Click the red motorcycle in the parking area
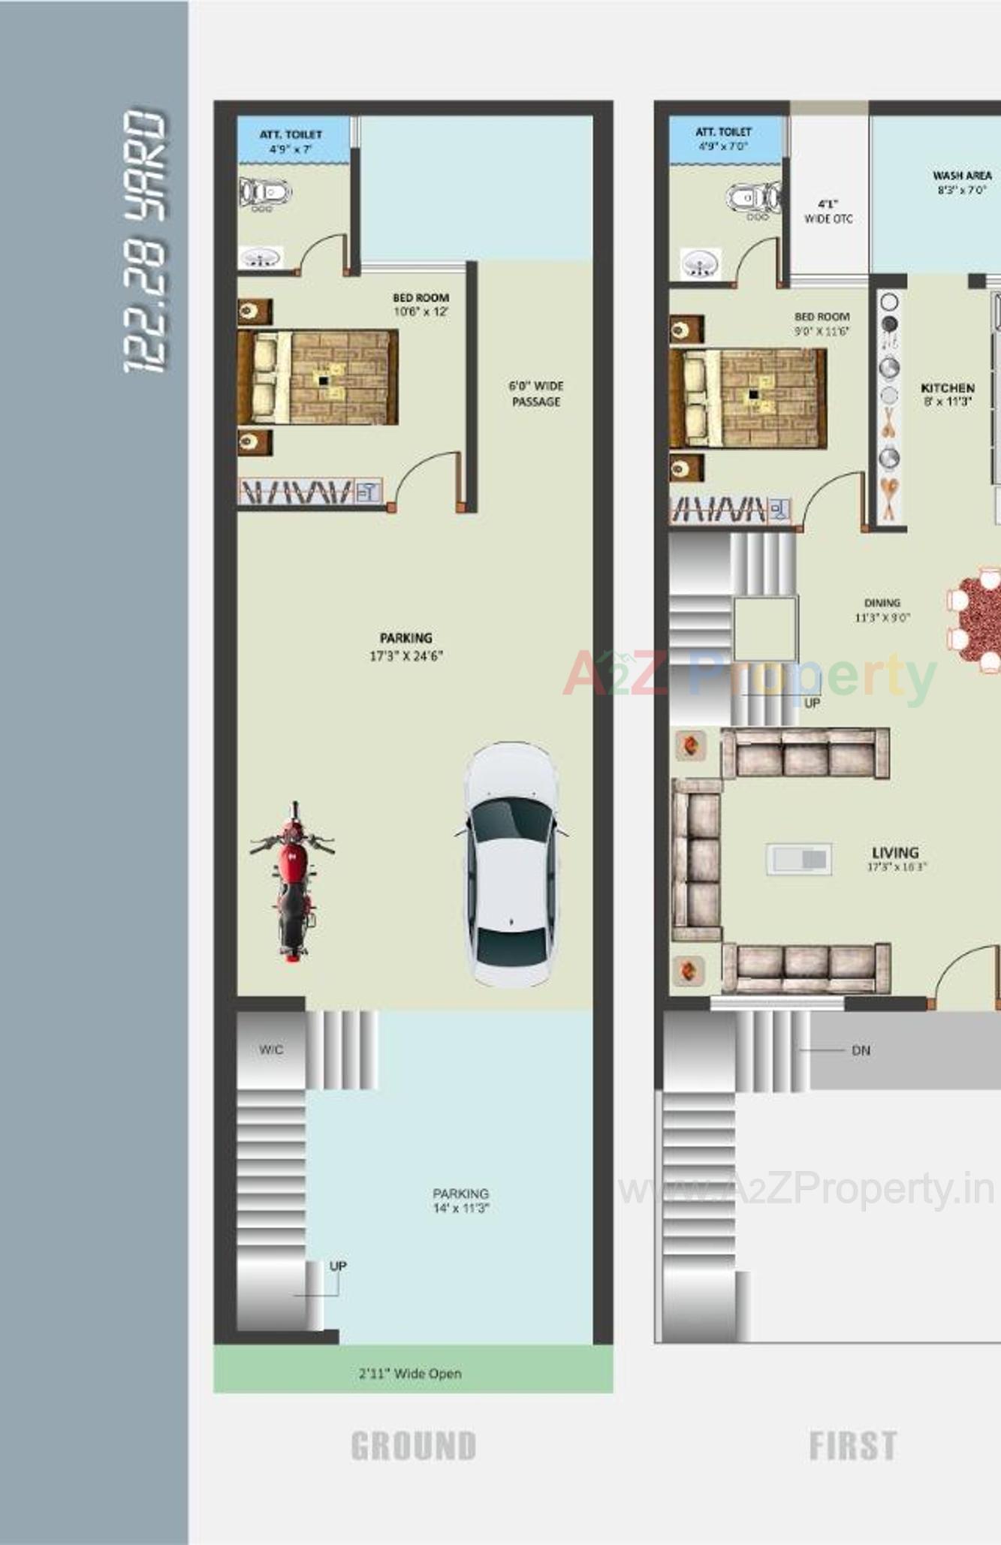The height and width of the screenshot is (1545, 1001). (293, 882)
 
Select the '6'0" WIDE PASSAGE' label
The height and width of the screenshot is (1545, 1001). (536, 393)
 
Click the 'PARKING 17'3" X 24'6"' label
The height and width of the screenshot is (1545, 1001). (406, 646)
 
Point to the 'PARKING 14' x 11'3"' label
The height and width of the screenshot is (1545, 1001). (460, 1200)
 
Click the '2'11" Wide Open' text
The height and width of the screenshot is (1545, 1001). (410, 1373)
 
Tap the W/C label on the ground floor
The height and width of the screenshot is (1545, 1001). (271, 1050)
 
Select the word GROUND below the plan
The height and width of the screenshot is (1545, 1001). (414, 1446)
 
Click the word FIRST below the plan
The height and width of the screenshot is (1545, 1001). (852, 1446)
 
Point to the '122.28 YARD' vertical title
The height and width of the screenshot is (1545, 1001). (144, 240)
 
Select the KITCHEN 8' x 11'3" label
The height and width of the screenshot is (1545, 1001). (948, 394)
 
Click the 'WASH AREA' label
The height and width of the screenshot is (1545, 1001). (962, 182)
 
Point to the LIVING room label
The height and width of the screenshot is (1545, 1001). (896, 858)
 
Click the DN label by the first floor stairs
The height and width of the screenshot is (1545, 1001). (861, 1050)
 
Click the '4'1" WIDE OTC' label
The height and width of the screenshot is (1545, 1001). (828, 211)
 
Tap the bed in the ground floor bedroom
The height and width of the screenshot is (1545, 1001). (318, 378)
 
